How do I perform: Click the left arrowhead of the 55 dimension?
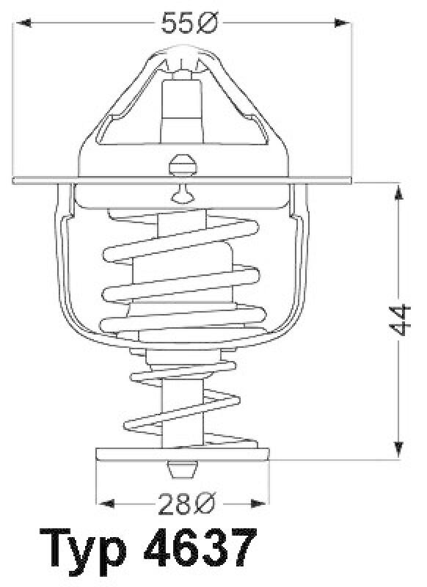(x=22, y=23)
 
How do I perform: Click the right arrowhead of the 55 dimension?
(x=345, y=23)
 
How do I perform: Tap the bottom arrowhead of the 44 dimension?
(x=399, y=449)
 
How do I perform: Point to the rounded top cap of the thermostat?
(x=180, y=55)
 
